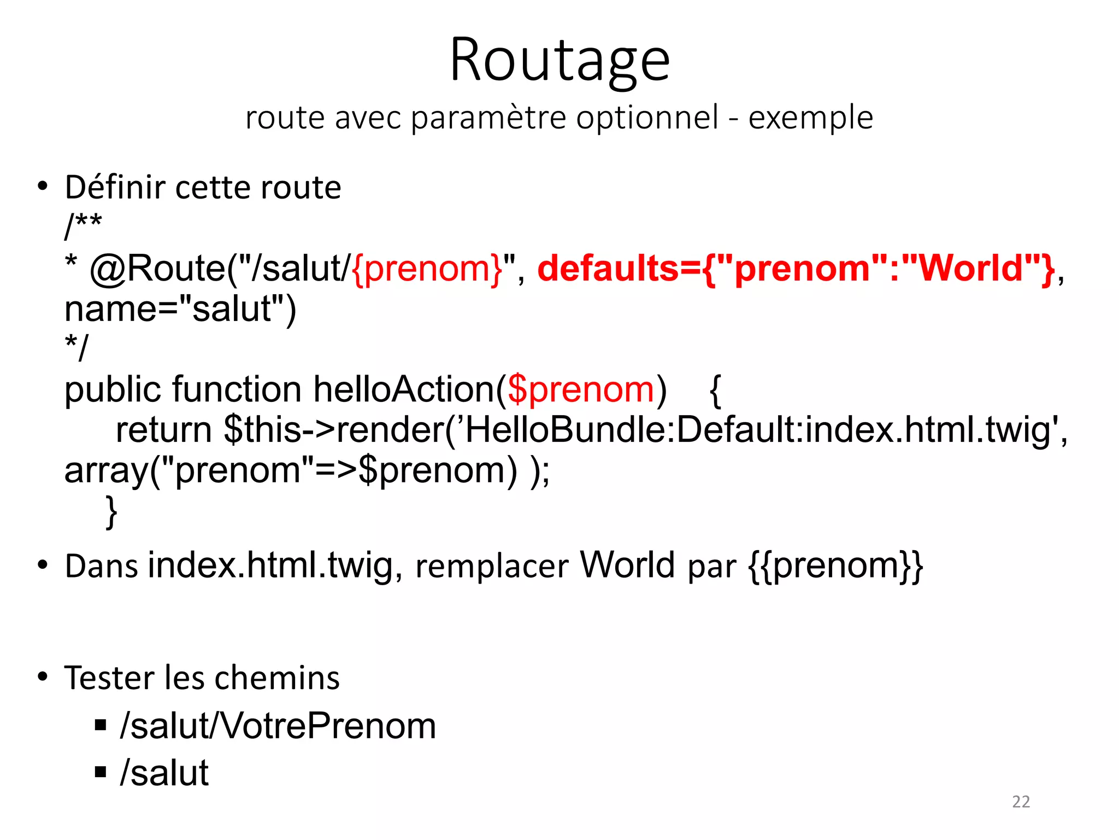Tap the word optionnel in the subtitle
tap(647, 118)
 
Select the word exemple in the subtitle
tap(811, 118)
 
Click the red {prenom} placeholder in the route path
tap(427, 269)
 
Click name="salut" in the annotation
tap(180, 309)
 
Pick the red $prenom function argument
tap(581, 389)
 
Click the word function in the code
tap(237, 389)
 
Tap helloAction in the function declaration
tap(404, 389)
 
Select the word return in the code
tap(164, 430)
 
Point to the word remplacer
tap(492, 565)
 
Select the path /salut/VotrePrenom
tap(278, 726)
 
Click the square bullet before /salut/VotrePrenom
tap(101, 726)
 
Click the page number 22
tap(1021, 802)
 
